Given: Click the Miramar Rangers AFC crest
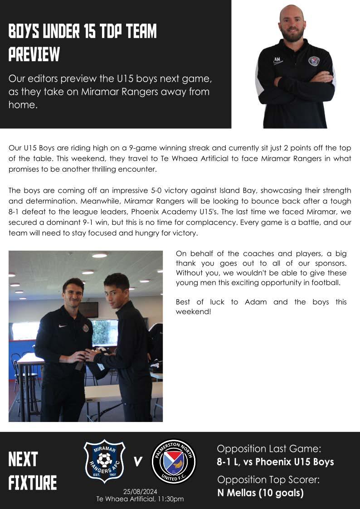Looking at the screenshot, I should tap(105, 461).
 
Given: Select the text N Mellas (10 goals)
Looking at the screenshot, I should tap(260, 493).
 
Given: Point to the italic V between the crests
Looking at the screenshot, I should tap(138, 462).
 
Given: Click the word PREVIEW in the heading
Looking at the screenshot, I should tap(34, 54).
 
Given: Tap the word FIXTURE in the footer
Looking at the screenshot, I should tap(33, 483).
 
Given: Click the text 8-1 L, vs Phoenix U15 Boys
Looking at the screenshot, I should tap(275, 462).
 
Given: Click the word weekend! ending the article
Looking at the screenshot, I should tap(193, 312).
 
